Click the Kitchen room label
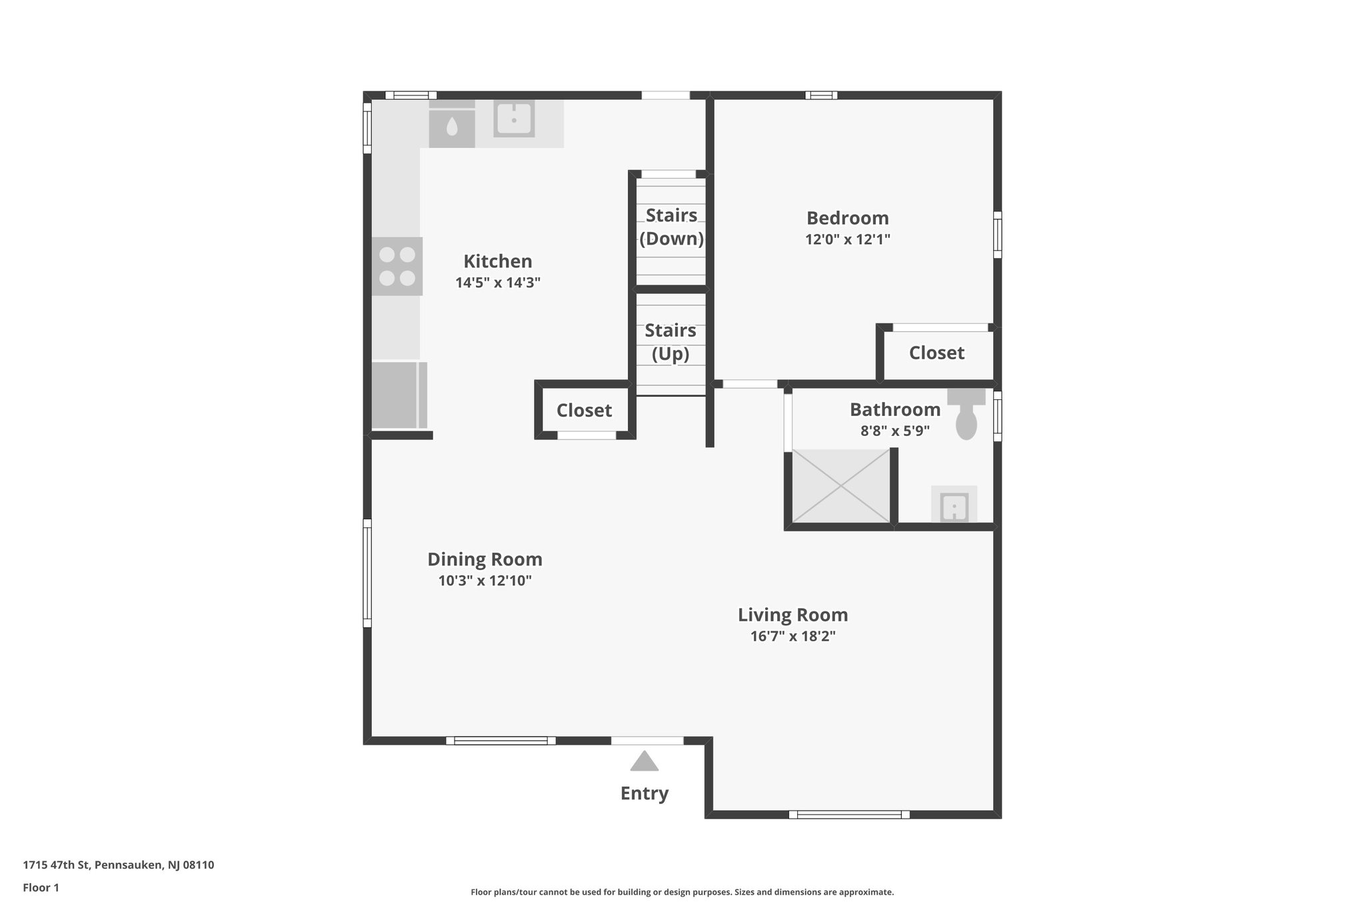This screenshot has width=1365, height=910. point(498,261)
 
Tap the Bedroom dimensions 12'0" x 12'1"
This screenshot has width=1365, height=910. point(847,239)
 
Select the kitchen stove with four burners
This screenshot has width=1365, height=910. point(397,266)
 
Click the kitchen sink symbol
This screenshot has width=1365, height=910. point(514,119)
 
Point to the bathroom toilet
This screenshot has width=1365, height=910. point(966,417)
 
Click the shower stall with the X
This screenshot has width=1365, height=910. point(841,486)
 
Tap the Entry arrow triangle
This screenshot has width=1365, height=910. point(644,761)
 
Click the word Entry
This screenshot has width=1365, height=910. point(644,793)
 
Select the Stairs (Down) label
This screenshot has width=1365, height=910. point(671,227)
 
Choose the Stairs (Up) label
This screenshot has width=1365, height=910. point(671,342)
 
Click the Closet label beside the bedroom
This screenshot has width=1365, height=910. point(936,353)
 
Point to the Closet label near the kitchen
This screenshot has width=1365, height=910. point(584,410)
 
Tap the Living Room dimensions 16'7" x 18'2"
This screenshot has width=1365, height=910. point(792,636)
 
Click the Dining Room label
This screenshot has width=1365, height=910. point(485,559)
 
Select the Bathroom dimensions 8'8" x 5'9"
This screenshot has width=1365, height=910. point(894,431)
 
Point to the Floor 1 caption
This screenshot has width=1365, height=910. point(41,887)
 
